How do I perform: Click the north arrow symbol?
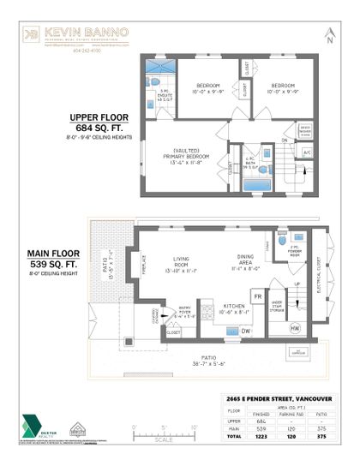pyautogui.click(x=329, y=34)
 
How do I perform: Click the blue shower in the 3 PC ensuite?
pyautogui.click(x=159, y=67)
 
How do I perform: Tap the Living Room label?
pyautogui.click(x=180, y=261)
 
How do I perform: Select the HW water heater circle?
pyautogui.click(x=296, y=328)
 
